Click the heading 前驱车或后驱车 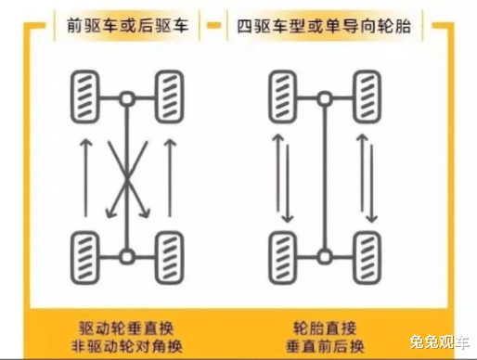coord(127,26)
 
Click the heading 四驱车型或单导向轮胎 coord(324,26)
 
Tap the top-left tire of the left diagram coord(85,96)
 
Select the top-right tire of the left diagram coord(170,96)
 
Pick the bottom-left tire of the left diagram coord(85,258)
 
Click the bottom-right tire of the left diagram coord(170,258)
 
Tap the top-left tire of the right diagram coord(283,96)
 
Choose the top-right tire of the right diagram coord(367,96)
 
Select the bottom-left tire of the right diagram coord(283,258)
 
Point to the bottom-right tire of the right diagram coord(367,258)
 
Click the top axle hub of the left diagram coord(127,99)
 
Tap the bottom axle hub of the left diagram coord(127,257)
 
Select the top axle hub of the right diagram coord(325,99)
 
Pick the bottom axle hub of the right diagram coord(325,257)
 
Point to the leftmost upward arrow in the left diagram coord(86,178)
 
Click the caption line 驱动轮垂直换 coord(126,328)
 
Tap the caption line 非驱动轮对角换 coord(126,346)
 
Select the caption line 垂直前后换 coord(325,346)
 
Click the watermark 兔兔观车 coord(440,342)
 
